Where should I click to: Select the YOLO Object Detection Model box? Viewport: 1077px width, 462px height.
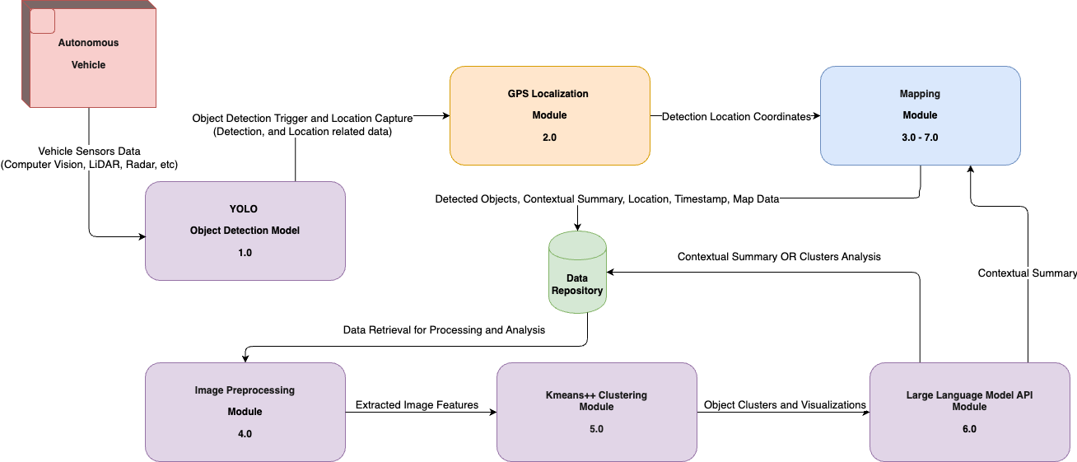pos(245,231)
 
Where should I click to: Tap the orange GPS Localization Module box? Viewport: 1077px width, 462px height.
pos(549,115)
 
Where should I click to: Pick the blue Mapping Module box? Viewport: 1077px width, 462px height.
pos(920,115)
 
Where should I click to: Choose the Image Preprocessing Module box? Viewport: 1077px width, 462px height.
pos(245,412)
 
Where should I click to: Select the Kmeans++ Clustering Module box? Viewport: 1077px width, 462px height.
pos(596,412)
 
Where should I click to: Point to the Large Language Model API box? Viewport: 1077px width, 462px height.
pos(968,412)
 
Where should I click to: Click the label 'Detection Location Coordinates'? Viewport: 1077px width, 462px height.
pos(736,116)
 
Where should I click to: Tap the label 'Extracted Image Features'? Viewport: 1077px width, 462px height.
pos(417,405)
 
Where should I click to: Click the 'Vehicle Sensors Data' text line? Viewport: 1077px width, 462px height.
pos(89,152)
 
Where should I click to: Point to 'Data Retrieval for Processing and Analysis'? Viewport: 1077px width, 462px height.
pos(444,329)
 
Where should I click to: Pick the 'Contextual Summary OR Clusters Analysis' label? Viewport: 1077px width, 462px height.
pos(779,257)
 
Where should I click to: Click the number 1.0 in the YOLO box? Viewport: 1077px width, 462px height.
pos(245,253)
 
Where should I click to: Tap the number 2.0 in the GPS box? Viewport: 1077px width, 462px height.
pos(549,138)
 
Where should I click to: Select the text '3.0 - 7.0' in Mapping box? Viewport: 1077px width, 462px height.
pos(920,138)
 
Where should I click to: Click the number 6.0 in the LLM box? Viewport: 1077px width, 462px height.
pos(968,429)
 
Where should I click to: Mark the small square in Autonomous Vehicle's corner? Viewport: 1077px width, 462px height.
pos(42,21)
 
